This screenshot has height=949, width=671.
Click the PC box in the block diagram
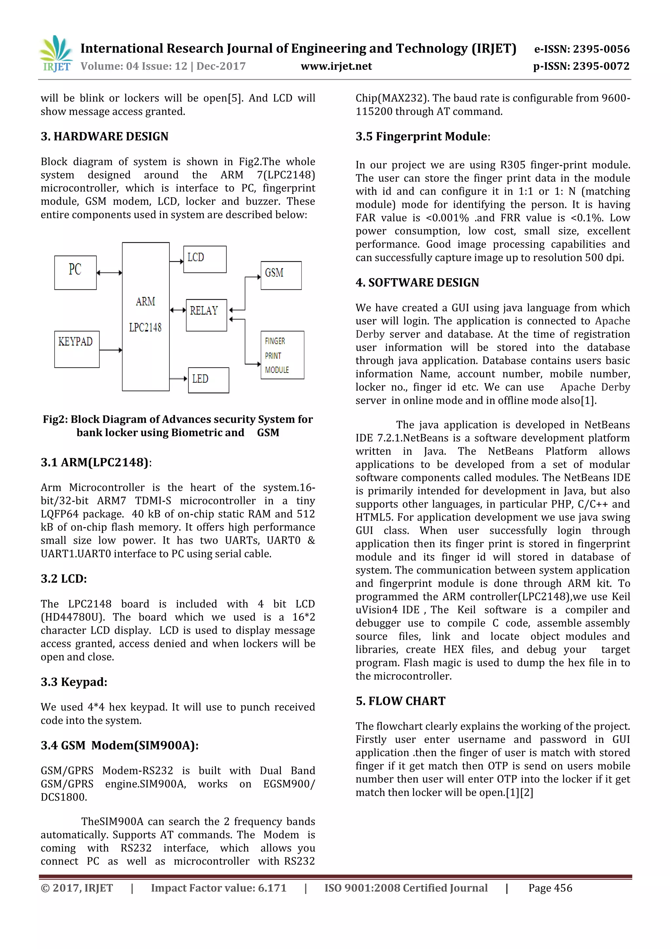[75, 272]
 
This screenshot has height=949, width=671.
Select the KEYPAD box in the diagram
[77, 349]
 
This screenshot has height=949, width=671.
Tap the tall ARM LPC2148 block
[145, 316]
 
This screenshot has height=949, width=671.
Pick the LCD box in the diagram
[204, 259]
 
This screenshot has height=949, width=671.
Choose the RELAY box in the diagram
[206, 315]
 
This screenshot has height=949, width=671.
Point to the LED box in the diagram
[208, 380]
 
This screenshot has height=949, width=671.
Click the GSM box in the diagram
[281, 275]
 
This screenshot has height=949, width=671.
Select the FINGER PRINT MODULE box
[282, 355]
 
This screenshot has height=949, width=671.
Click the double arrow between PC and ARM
[109, 272]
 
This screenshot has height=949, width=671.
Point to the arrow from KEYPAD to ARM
[110, 350]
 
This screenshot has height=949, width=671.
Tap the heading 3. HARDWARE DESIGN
[105, 136]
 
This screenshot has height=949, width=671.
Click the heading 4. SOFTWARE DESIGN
[417, 283]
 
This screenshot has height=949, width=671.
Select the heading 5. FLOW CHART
[400, 701]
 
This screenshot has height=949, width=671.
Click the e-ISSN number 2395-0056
[601, 49]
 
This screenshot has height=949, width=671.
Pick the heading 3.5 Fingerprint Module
[422, 136]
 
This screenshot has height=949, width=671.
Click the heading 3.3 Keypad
[74, 682]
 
